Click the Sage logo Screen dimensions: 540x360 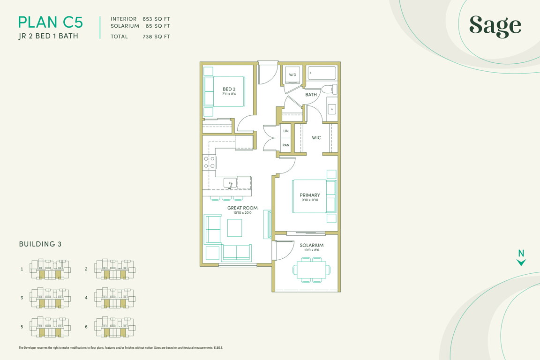[x=495, y=26]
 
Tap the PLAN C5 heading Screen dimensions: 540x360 [x=51, y=22]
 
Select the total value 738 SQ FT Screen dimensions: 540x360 [x=157, y=37]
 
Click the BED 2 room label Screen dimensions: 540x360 [x=229, y=89]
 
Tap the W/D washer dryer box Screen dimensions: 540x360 [x=292, y=75]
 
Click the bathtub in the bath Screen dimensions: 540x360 [x=322, y=73]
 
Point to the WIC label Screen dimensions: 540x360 [x=316, y=138]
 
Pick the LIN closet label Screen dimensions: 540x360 [x=286, y=131]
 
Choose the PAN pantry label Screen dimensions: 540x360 [x=286, y=145]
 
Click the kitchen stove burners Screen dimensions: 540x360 [x=210, y=162]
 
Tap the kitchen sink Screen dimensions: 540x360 [x=230, y=183]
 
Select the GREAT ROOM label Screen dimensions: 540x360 [x=242, y=208]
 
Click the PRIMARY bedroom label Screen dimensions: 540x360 [x=309, y=195]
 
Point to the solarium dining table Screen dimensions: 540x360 [x=311, y=270]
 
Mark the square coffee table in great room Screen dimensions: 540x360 [x=234, y=228]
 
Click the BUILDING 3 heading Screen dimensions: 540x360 [x=40, y=244]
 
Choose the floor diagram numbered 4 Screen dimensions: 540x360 [x=115, y=298]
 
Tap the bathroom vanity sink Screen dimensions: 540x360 [x=332, y=109]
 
